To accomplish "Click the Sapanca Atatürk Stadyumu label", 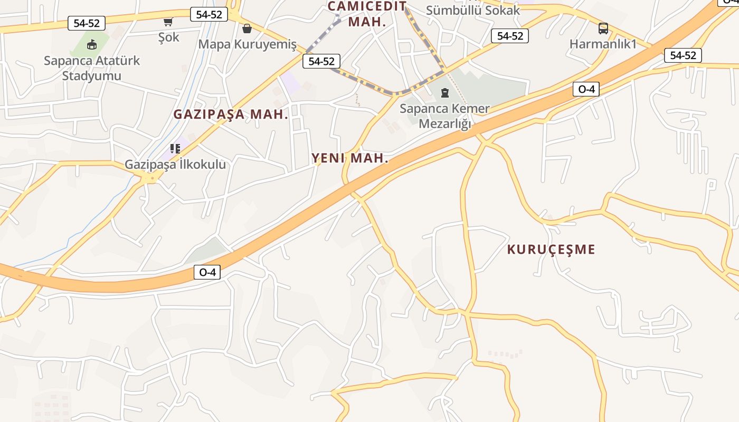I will point(92,68).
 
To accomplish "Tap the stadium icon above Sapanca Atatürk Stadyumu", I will point(92,44).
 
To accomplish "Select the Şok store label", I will point(169,37).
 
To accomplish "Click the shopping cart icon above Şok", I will point(168,22).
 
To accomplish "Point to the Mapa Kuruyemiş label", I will point(247,44).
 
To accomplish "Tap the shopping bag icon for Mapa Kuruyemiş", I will point(247,28).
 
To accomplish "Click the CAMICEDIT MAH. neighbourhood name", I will point(367,14).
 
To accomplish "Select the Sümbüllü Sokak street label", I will point(473,10).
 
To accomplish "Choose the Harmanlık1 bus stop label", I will point(603,44).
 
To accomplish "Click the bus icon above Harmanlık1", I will point(603,28).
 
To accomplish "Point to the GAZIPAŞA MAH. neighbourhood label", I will point(231,114).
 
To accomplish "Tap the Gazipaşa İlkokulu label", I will point(175,165).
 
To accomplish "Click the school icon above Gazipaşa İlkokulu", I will point(175,149).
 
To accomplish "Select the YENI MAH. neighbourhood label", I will point(350,158).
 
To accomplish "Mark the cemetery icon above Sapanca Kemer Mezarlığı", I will point(445,93).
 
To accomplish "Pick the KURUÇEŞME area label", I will point(551,250).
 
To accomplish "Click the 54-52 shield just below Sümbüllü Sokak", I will point(510,36).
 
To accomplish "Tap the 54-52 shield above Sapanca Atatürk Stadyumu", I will point(87,23).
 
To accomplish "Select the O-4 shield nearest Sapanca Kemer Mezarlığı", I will point(586,89).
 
